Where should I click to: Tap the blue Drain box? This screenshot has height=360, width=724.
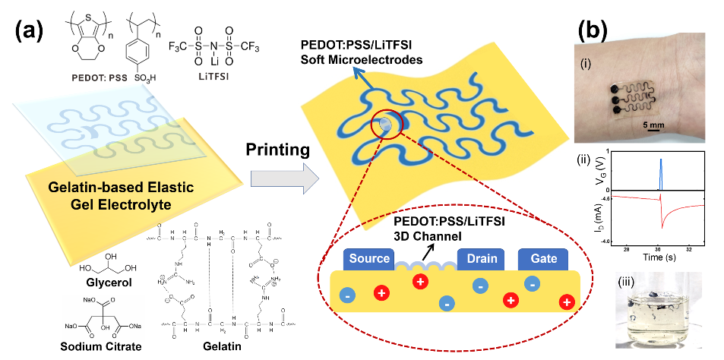482,259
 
